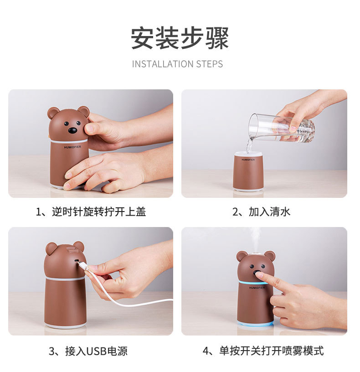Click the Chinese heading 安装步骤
pyautogui.click(x=180, y=38)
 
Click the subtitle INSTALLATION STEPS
pyautogui.click(x=177, y=64)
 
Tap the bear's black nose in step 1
pyautogui.click(x=72, y=130)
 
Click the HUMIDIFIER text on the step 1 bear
pyautogui.click(x=72, y=147)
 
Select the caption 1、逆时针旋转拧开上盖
pyautogui.click(x=91, y=212)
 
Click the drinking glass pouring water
pyautogui.click(x=281, y=128)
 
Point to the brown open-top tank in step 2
pyautogui.click(x=248, y=172)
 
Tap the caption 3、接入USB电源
pyautogui.click(x=88, y=351)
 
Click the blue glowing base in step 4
pyautogui.click(x=256, y=324)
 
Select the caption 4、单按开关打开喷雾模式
pyautogui.click(x=263, y=351)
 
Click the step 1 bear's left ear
pyautogui.click(x=53, y=113)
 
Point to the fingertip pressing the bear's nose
pyautogui.click(x=258, y=275)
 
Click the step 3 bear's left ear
pyautogui.click(x=51, y=248)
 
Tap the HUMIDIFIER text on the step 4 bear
pyautogui.click(x=257, y=288)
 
